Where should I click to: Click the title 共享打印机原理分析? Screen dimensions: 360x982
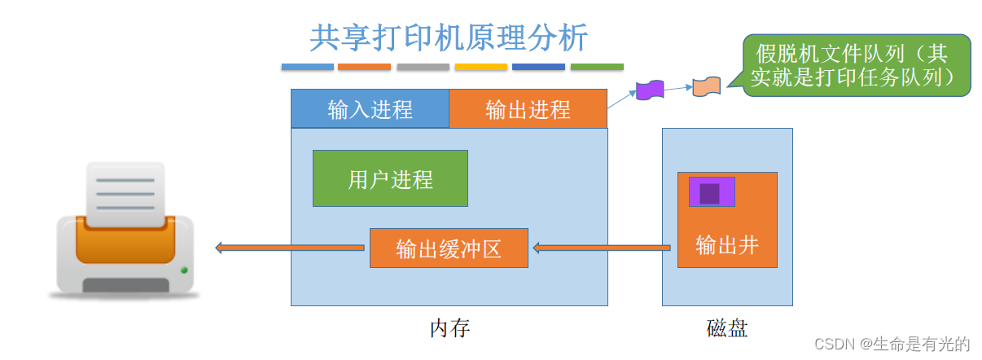pos(449,37)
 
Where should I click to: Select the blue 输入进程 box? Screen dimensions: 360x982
pos(370,109)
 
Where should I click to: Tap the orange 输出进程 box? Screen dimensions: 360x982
pos(528,109)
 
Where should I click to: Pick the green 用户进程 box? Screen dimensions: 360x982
pos(390,178)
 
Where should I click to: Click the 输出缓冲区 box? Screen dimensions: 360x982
pos(449,248)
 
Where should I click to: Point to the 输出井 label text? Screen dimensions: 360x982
pos(727,244)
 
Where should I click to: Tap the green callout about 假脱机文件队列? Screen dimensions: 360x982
pos(857,65)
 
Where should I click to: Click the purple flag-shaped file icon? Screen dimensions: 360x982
pos(650,89)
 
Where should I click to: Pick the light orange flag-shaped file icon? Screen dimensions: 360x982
pos(706,87)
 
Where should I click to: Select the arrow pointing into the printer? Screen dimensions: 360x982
pos(289,248)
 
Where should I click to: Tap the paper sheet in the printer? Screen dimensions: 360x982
pos(125,194)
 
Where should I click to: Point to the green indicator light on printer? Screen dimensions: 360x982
pos(184,270)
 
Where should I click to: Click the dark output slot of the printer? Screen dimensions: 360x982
pos(126,285)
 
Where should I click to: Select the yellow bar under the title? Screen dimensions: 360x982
pos(480,67)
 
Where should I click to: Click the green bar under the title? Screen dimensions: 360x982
pos(597,67)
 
